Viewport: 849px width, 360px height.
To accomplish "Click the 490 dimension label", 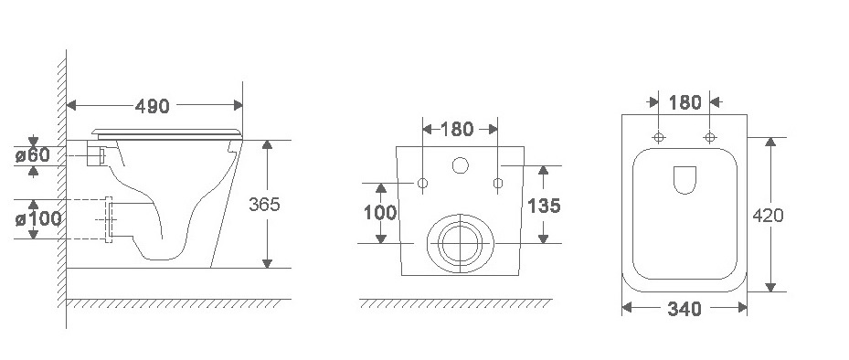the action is pyautogui.click(x=152, y=106).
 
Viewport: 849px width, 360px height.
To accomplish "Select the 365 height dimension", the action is pyautogui.click(x=264, y=204).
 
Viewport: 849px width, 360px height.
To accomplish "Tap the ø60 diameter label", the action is pyautogui.click(x=33, y=154).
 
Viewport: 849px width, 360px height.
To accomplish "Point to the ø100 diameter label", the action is pyautogui.click(x=37, y=218).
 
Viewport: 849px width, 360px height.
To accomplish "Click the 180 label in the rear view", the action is pyautogui.click(x=457, y=129).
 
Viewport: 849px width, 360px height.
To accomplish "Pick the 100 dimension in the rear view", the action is pyautogui.click(x=380, y=213).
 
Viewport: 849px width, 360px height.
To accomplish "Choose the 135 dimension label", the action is pyautogui.click(x=544, y=206).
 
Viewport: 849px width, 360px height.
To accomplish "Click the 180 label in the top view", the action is pyautogui.click(x=685, y=101).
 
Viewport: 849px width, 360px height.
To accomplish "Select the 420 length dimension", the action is pyautogui.click(x=768, y=216).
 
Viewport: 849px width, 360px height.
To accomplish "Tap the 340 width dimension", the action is pyautogui.click(x=685, y=309).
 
